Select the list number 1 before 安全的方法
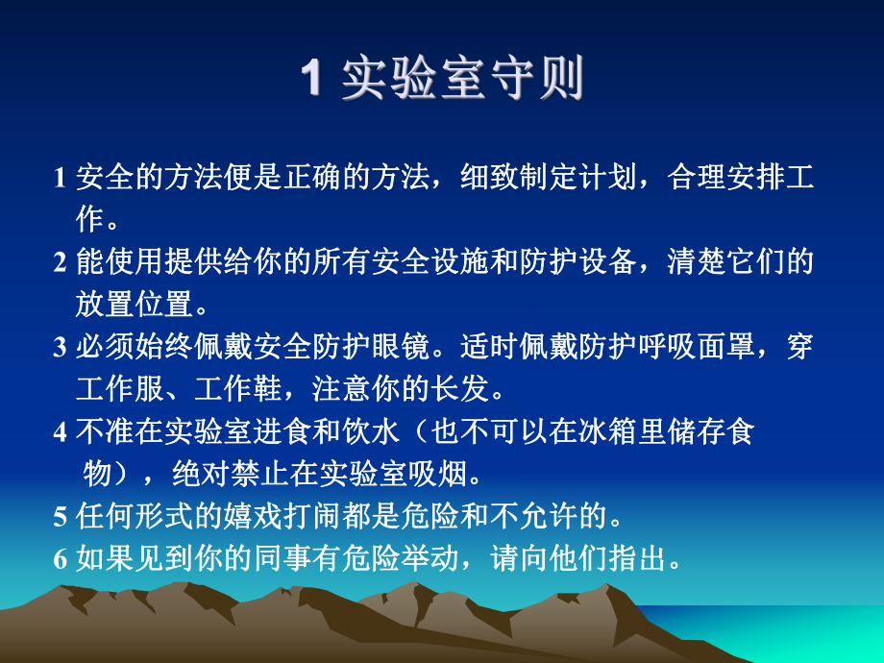[60, 179]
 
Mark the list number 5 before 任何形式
[60, 518]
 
